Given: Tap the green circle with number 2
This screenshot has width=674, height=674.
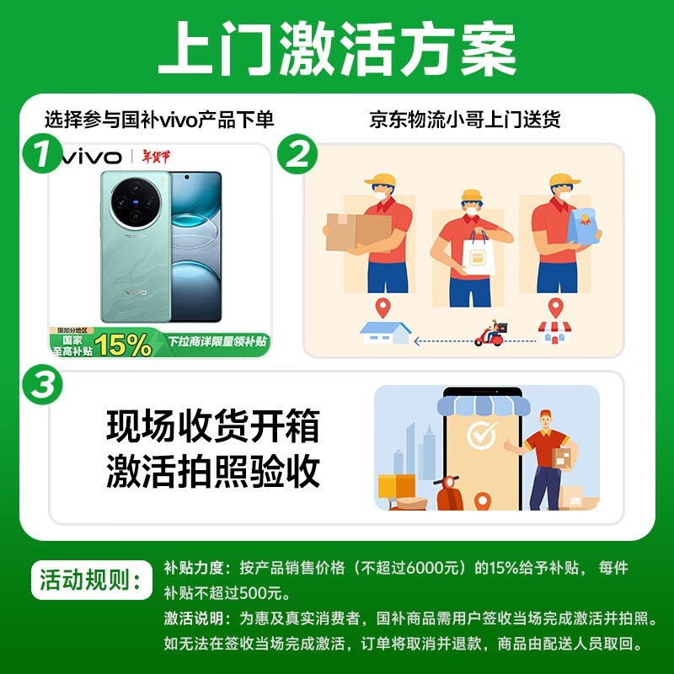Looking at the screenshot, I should point(297,156).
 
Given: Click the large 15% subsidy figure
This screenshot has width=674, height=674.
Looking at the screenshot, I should point(124,343).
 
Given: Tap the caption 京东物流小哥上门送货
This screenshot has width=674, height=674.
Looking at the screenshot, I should point(465,120).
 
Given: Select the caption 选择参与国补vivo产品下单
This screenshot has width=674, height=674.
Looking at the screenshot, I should point(159,120).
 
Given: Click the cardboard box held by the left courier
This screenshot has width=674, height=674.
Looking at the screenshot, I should point(357,230).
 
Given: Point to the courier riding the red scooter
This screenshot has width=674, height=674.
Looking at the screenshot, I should point(490,334).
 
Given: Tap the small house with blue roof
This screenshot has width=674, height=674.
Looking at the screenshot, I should point(385,332).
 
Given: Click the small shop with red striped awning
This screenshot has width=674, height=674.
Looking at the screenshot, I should point(554,331).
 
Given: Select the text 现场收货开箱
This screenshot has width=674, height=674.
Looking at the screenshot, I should point(212,426).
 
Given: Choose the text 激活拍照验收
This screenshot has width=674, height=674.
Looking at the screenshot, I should point(212,472).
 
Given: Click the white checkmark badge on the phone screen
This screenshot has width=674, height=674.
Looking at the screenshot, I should point(482,436).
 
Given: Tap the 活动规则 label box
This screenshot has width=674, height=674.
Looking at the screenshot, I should point(90,581).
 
